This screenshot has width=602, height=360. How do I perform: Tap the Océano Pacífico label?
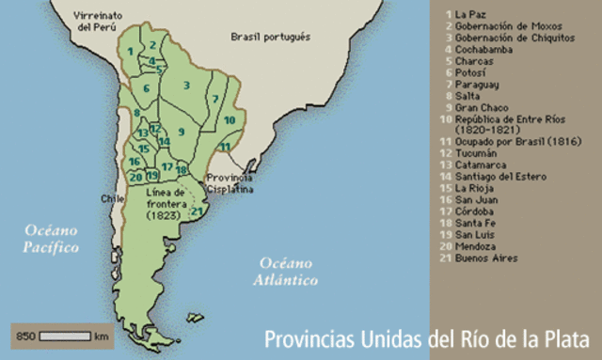53,240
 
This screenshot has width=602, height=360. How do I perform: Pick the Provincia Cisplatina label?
230,182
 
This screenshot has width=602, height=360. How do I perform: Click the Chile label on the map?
113,198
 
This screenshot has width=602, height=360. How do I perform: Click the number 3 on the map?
187,86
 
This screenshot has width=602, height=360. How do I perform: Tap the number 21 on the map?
197,210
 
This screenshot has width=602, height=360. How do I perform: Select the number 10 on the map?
229,120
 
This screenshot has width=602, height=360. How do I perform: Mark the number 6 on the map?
147,88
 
